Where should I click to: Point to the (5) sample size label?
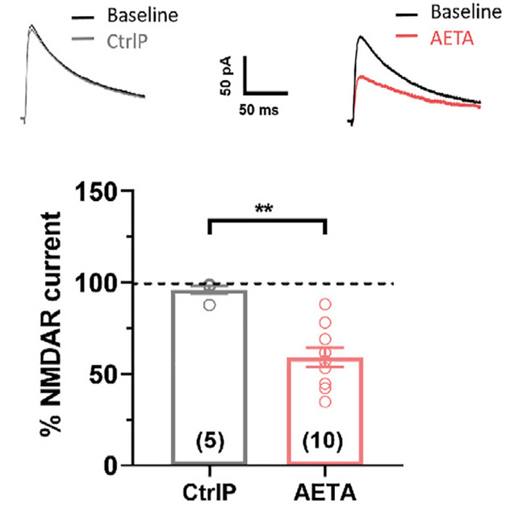coord(208,441)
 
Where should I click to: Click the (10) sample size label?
coord(324,441)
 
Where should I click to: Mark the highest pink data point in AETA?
coord(324,304)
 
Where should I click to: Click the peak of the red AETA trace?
coord(361,76)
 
